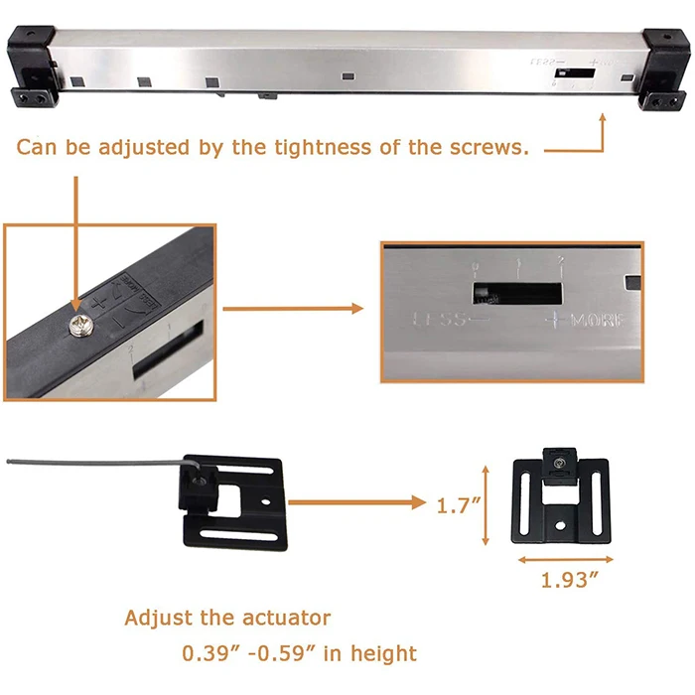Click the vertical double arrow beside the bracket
click(x=486, y=504)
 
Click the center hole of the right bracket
click(x=562, y=521)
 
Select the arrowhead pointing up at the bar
click(x=602, y=118)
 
